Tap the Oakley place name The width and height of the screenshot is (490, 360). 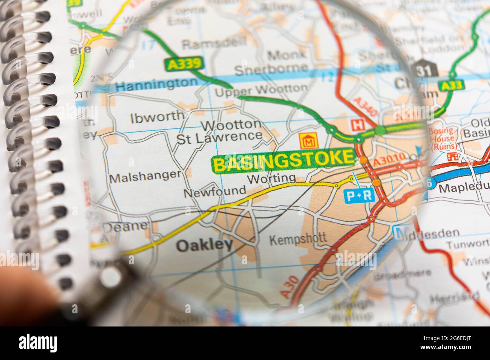[204, 245]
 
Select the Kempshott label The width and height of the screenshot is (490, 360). [298, 238]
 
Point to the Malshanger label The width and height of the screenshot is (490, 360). [145, 175]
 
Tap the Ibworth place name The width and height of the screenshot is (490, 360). [158, 116]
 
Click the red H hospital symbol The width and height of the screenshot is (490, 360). [355, 124]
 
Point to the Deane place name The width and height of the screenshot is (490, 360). [124, 227]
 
